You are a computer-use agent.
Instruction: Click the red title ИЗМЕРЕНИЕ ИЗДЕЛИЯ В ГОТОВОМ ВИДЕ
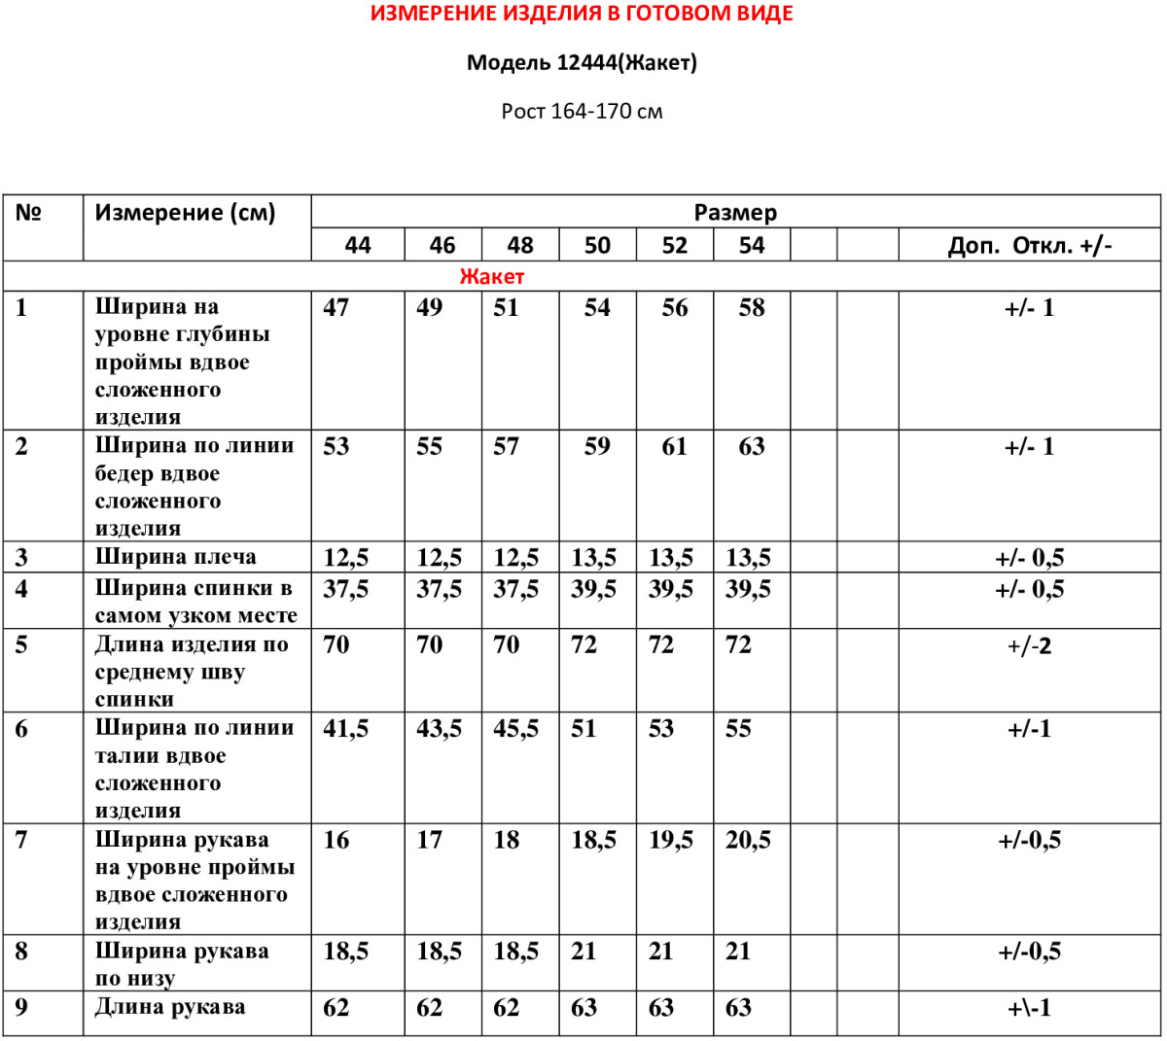[x=582, y=15]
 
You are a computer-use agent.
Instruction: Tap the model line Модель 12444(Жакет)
[x=582, y=63]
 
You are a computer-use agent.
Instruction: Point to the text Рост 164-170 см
[x=582, y=112]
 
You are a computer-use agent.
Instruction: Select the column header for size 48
[x=520, y=245]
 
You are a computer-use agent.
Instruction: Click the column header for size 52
[x=674, y=245]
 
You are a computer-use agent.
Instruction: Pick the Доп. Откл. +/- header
[x=1029, y=245]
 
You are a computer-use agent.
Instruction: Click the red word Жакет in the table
[x=491, y=277]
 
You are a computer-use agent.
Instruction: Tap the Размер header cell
[x=735, y=213]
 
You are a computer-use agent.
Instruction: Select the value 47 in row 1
[x=336, y=308]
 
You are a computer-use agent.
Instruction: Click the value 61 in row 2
[x=674, y=447]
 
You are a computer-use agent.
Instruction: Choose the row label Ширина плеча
[x=176, y=557]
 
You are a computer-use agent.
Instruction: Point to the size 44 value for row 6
[x=345, y=729]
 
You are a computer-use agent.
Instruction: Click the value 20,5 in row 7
[x=748, y=841]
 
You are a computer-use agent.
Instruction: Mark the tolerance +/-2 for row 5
[x=1029, y=646]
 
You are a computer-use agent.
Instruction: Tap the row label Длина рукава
[x=170, y=1007]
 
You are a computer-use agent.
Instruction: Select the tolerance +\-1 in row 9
[x=1029, y=1008]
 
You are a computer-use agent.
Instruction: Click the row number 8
[x=21, y=952]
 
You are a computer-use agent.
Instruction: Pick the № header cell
[x=28, y=213]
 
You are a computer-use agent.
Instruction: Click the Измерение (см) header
[x=185, y=213]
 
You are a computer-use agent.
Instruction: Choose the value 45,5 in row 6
[x=515, y=729]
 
